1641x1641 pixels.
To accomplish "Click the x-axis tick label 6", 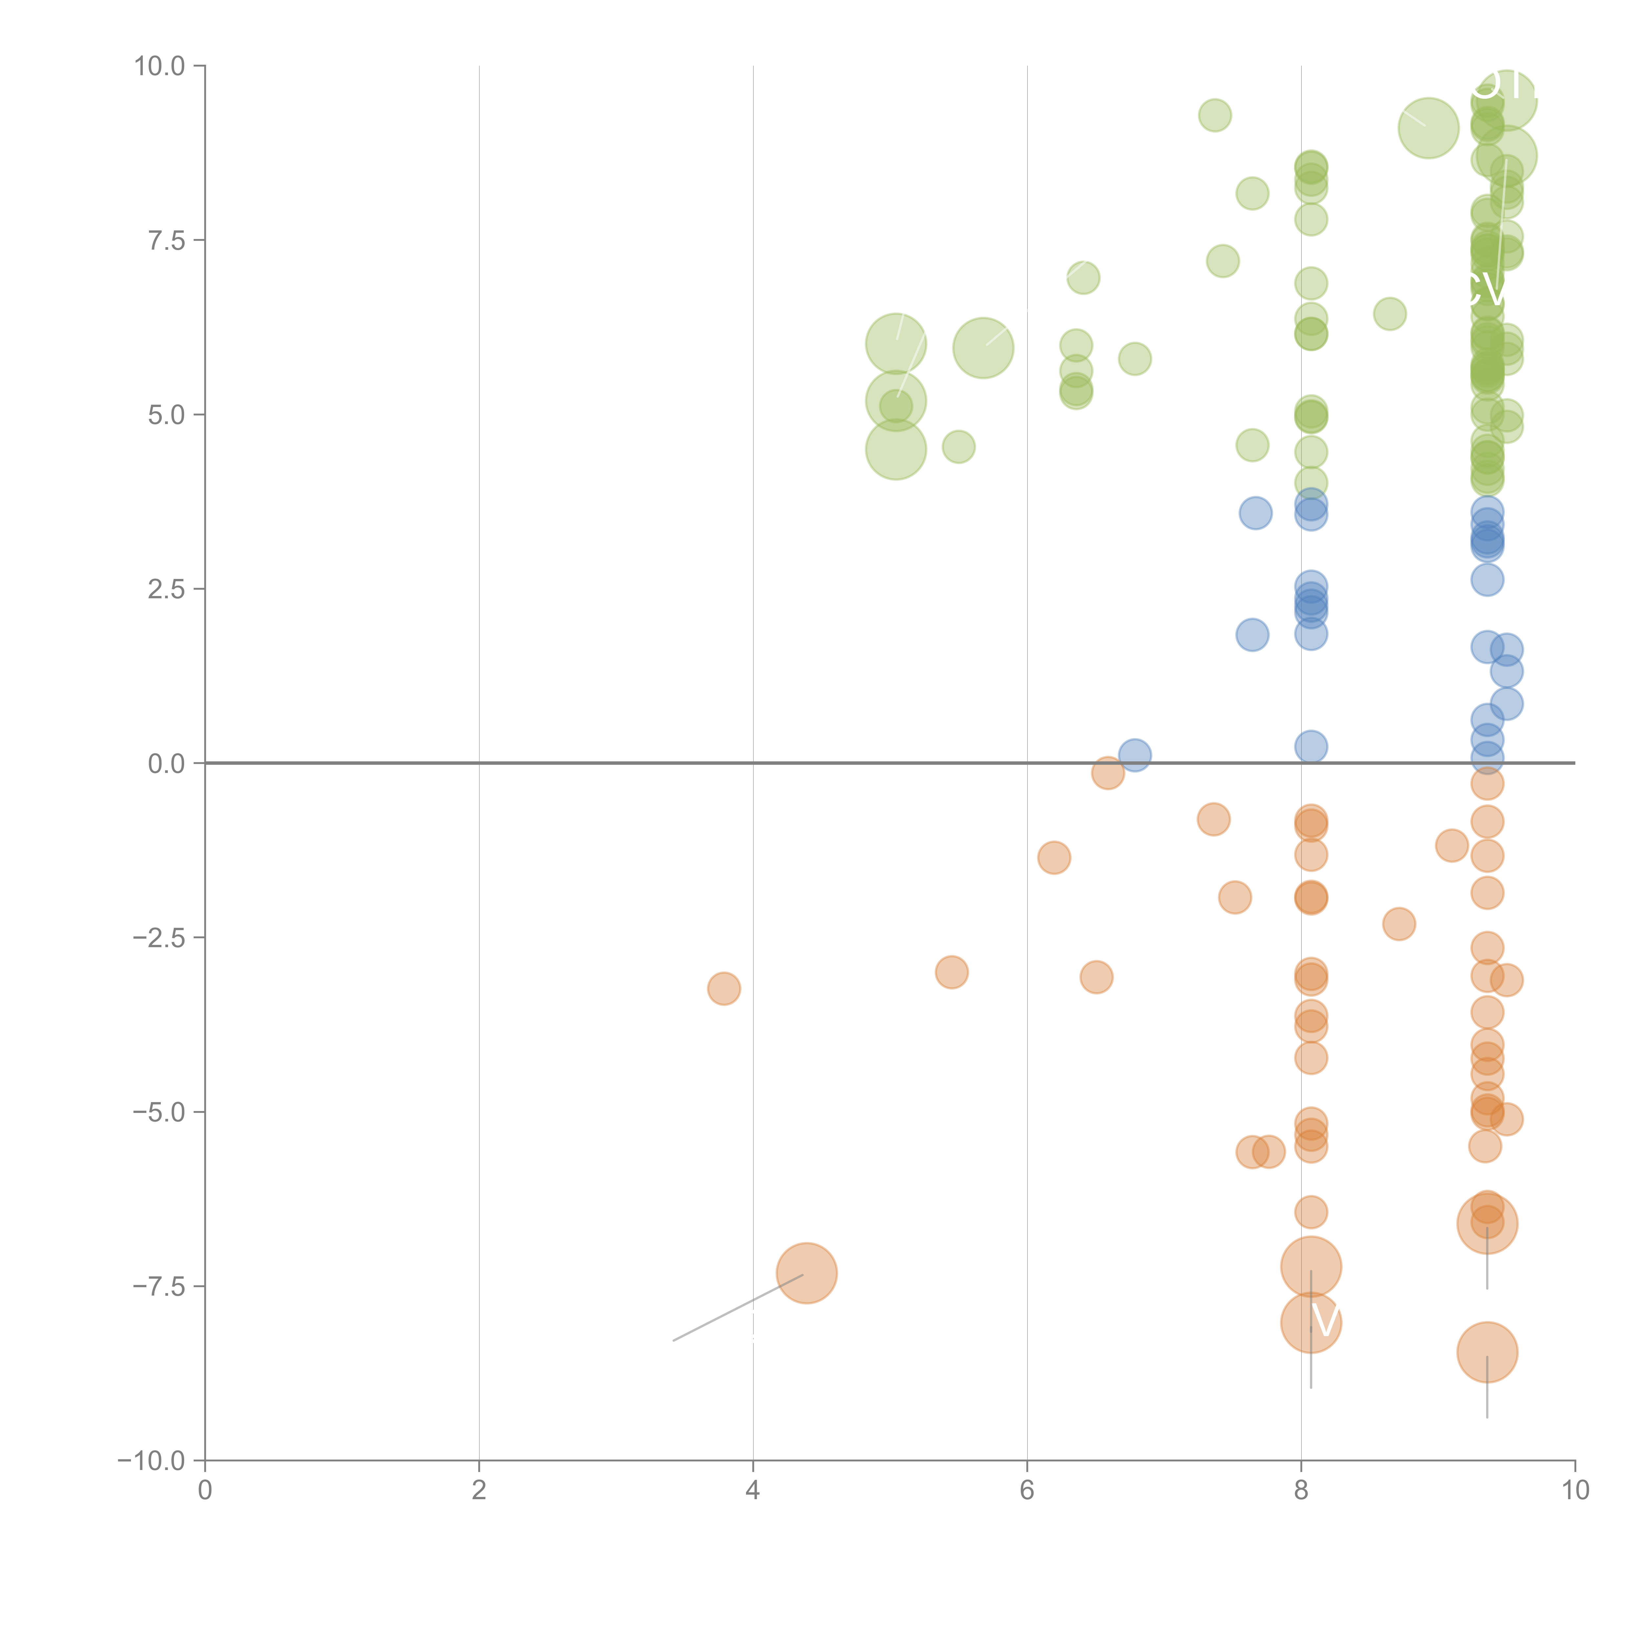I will [1027, 1491].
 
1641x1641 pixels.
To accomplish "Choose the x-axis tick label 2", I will [479, 1491].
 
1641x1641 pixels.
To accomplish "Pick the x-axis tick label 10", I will [1575, 1491].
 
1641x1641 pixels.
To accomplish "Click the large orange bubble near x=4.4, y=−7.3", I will [807, 1272].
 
